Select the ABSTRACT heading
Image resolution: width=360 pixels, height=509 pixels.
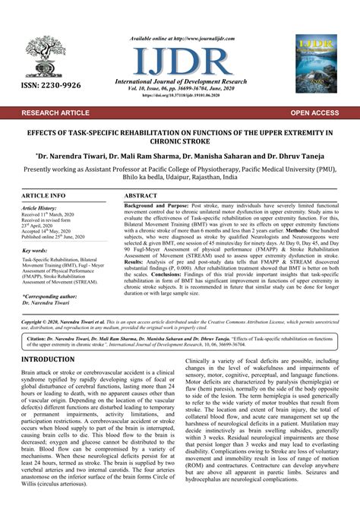(x=141, y=195)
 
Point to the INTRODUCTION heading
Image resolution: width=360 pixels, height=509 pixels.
(x=53, y=359)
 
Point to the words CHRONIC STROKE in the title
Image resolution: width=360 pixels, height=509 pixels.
(x=179, y=141)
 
